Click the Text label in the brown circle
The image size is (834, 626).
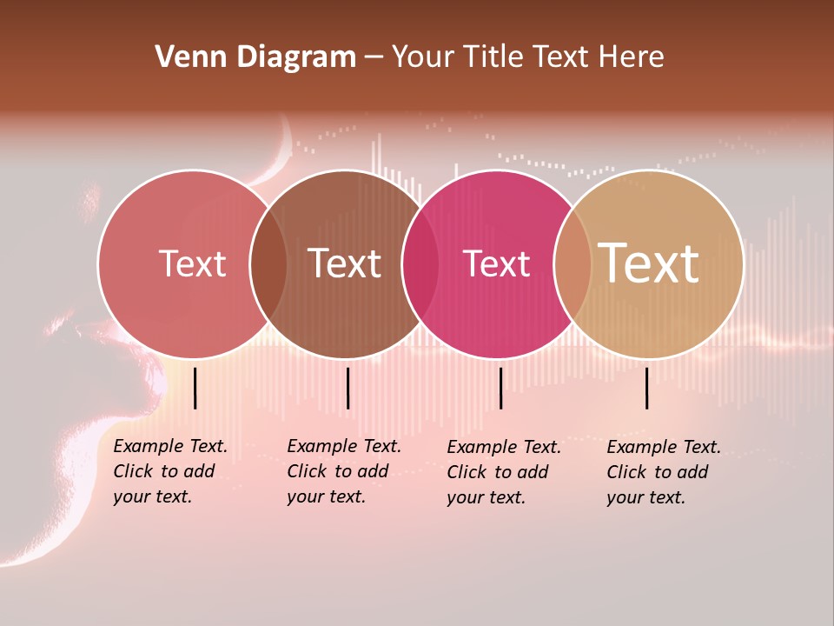pyautogui.click(x=345, y=263)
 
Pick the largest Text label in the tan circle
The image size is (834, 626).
pyautogui.click(x=649, y=263)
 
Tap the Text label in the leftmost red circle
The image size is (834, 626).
pyautogui.click(x=193, y=263)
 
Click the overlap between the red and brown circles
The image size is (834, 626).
pyautogui.click(x=268, y=264)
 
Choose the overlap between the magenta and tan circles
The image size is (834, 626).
pyautogui.click(x=573, y=264)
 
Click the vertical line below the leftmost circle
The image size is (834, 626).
pyautogui.click(x=195, y=388)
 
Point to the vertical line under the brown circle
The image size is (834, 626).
pyautogui.click(x=347, y=388)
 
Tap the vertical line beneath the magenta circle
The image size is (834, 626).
pyautogui.click(x=500, y=388)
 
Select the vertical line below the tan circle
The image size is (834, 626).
pyautogui.click(x=647, y=388)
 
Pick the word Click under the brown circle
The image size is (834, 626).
pyautogui.click(x=307, y=472)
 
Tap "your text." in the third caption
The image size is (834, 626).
pyautogui.click(x=486, y=498)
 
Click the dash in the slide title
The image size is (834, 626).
pyautogui.click(x=374, y=57)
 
